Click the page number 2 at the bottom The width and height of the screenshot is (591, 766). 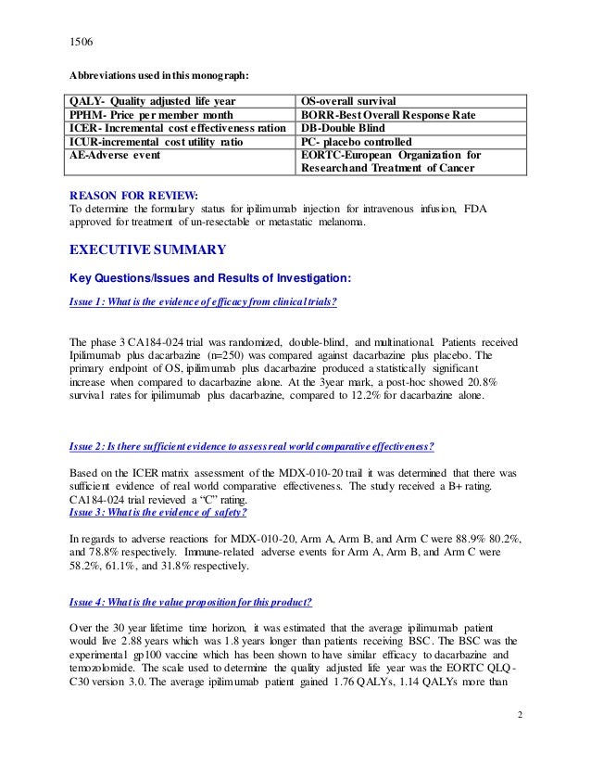point(520,715)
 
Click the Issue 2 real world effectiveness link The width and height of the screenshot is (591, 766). point(252,446)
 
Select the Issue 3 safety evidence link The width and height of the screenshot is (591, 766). point(158,512)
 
